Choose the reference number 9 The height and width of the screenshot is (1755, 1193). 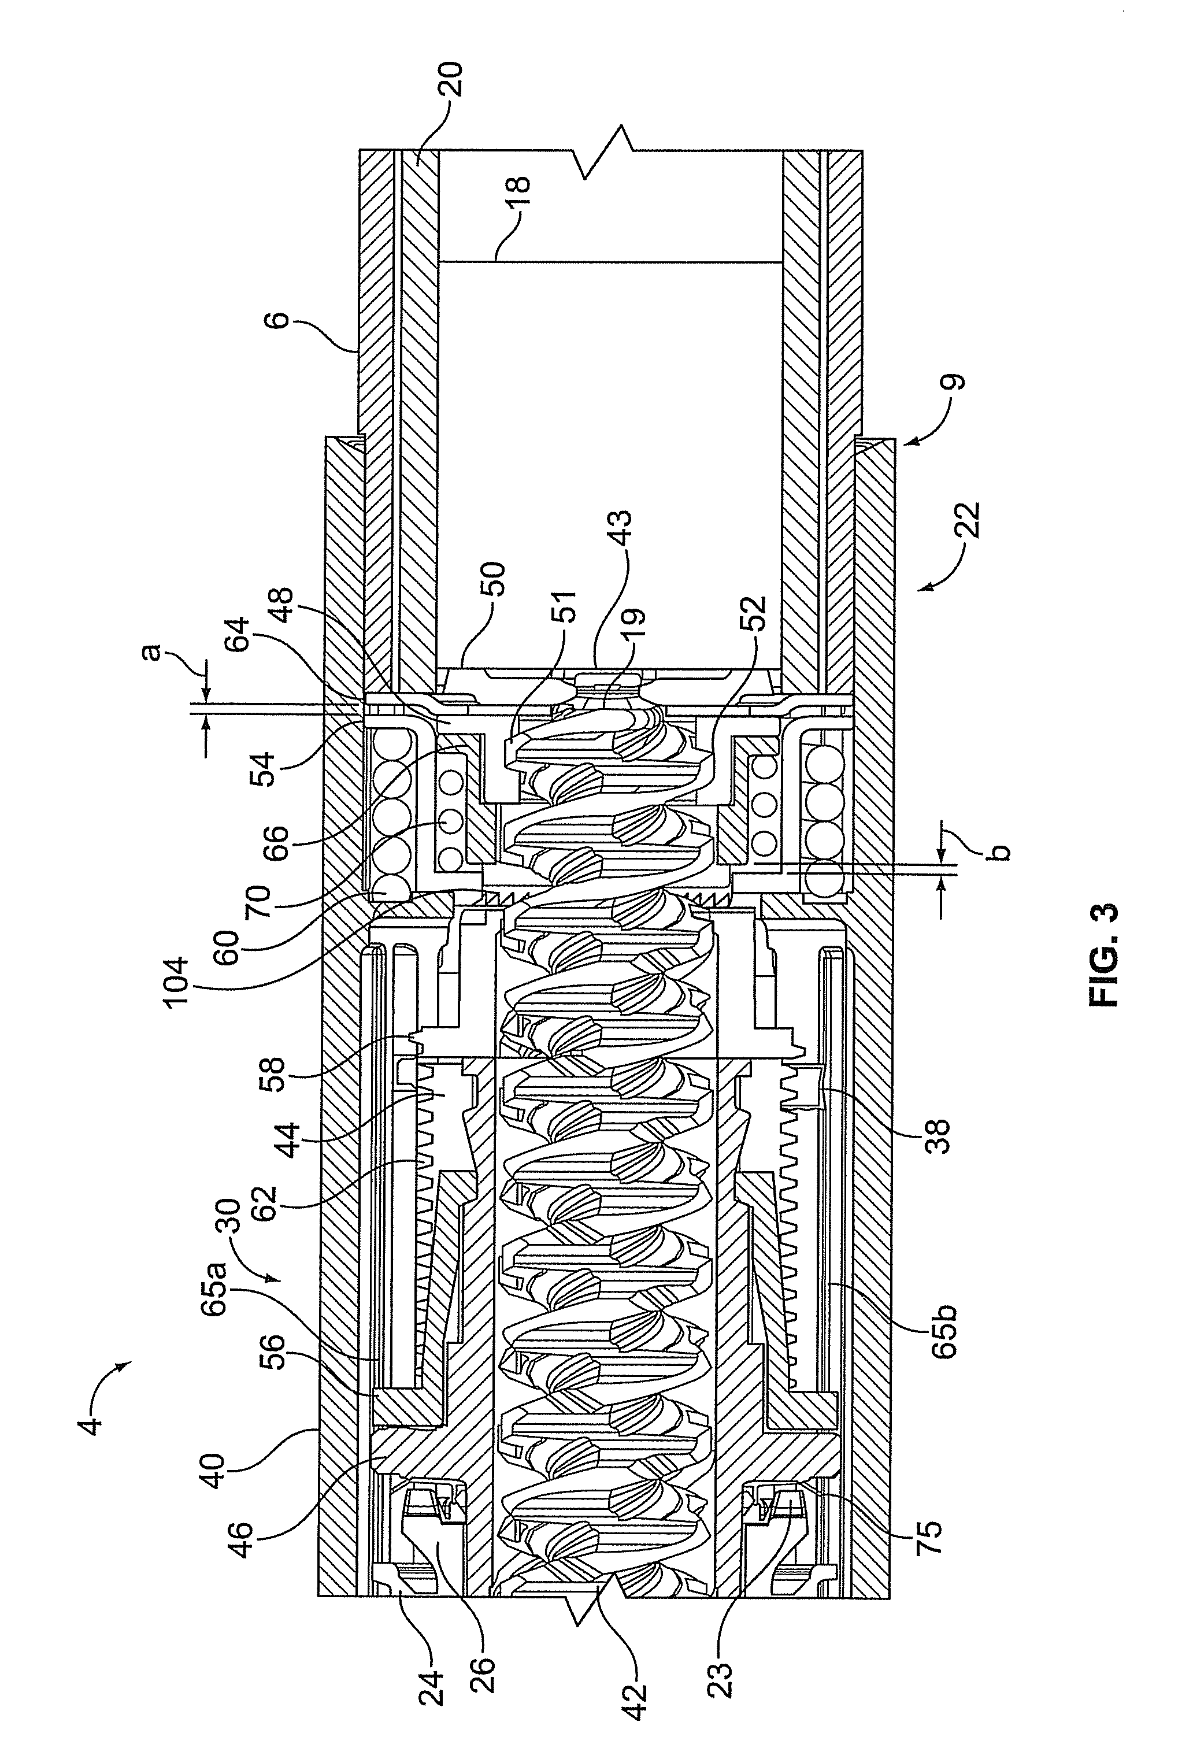(954, 383)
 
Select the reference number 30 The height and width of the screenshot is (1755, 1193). (231, 1218)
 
